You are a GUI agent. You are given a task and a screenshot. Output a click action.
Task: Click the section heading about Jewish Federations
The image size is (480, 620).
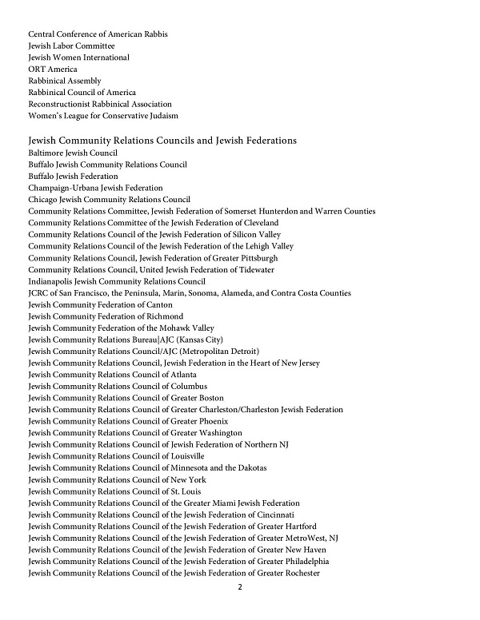(162, 141)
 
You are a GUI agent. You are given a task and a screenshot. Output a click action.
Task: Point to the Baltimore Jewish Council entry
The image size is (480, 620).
(73, 153)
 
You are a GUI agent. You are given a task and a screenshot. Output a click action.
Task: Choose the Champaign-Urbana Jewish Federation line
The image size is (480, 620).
(95, 188)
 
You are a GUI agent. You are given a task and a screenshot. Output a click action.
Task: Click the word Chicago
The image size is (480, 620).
(42, 200)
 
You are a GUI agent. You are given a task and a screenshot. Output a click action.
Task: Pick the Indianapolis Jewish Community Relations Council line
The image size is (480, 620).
(117, 281)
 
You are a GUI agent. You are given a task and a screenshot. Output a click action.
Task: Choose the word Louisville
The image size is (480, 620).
(186, 456)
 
